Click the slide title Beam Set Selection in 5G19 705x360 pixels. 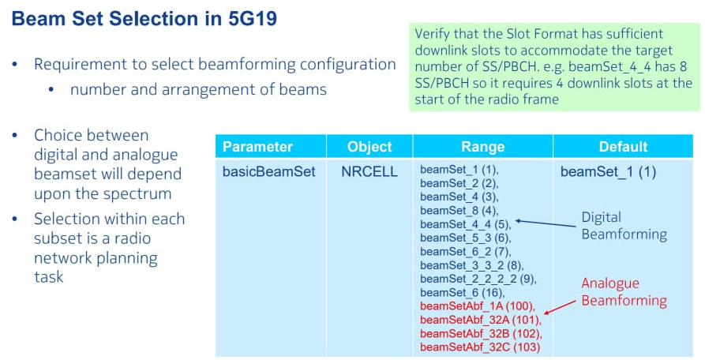(x=144, y=19)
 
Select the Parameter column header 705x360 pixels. (x=257, y=147)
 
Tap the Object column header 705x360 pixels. (x=369, y=147)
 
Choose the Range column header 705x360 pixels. (x=483, y=147)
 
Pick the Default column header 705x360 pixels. (x=623, y=147)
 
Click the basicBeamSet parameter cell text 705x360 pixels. (x=269, y=171)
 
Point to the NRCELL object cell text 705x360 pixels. (x=369, y=171)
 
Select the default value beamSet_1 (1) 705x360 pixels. (x=608, y=171)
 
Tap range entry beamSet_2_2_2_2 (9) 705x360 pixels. (x=478, y=279)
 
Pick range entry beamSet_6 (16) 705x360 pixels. (x=463, y=293)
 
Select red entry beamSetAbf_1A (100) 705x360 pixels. (x=478, y=306)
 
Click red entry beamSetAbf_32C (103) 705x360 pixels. (x=480, y=347)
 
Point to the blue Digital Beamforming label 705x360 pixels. (x=624, y=226)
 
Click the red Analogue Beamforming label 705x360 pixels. (x=624, y=291)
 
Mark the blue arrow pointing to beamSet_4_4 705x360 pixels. (x=546, y=223)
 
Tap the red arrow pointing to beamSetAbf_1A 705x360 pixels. (x=560, y=307)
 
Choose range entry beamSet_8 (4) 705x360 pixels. (x=459, y=211)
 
